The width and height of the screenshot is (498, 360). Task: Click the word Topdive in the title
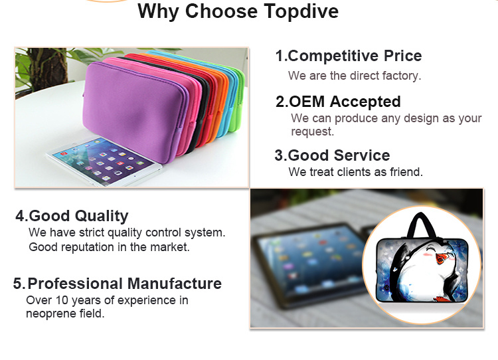pos(301,11)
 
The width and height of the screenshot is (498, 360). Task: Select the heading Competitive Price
pos(355,56)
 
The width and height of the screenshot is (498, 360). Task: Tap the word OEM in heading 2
pos(307,102)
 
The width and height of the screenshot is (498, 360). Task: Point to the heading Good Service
pos(339,155)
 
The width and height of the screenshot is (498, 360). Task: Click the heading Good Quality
pos(78,216)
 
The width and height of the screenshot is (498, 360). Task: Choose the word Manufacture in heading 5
pos(175,284)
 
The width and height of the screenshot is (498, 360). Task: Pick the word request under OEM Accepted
pos(312,132)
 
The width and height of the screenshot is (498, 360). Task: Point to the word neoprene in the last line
pos(51,314)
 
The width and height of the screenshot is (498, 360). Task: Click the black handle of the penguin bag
pos(422,225)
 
